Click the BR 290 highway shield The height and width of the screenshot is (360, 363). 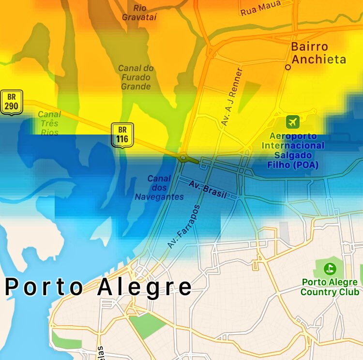click(x=12, y=102)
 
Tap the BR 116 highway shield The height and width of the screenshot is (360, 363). click(x=122, y=135)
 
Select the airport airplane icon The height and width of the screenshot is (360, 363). click(x=292, y=121)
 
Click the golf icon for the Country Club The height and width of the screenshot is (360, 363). click(x=330, y=267)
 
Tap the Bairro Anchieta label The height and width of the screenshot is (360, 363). click(x=318, y=53)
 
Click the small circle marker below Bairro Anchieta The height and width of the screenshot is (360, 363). click(x=288, y=68)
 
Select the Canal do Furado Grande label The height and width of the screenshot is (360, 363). click(x=136, y=77)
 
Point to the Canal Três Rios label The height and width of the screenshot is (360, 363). click(x=49, y=123)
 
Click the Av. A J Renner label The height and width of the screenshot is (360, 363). click(x=232, y=97)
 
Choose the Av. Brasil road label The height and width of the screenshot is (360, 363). click(x=208, y=189)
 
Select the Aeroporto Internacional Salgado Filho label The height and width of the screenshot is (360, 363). click(x=293, y=150)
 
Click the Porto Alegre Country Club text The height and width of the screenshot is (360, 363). click(x=330, y=287)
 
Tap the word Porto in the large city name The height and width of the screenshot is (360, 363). click(x=44, y=287)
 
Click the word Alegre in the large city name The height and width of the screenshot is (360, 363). click(x=145, y=287)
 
